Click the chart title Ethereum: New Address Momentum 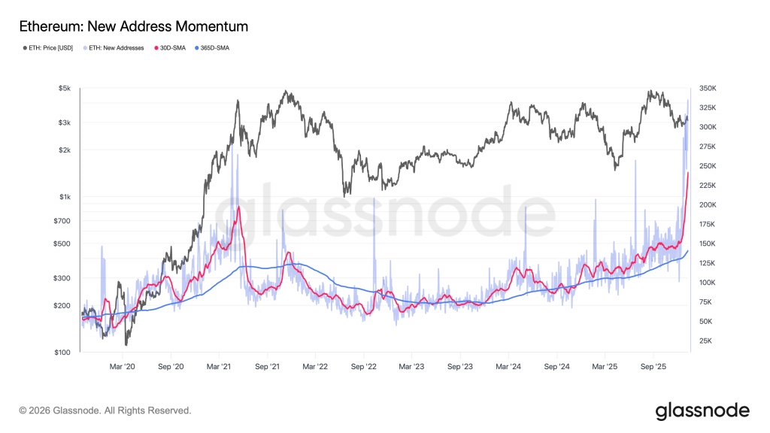[133, 27]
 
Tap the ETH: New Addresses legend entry [116, 47]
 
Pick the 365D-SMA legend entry [214, 47]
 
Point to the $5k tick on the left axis [65, 89]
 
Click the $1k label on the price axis [65, 197]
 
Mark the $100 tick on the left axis [62, 353]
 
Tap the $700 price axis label [62, 221]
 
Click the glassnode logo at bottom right [702, 410]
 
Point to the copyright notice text [105, 411]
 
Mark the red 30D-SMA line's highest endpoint [688, 173]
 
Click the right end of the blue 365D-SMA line [688, 251]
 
